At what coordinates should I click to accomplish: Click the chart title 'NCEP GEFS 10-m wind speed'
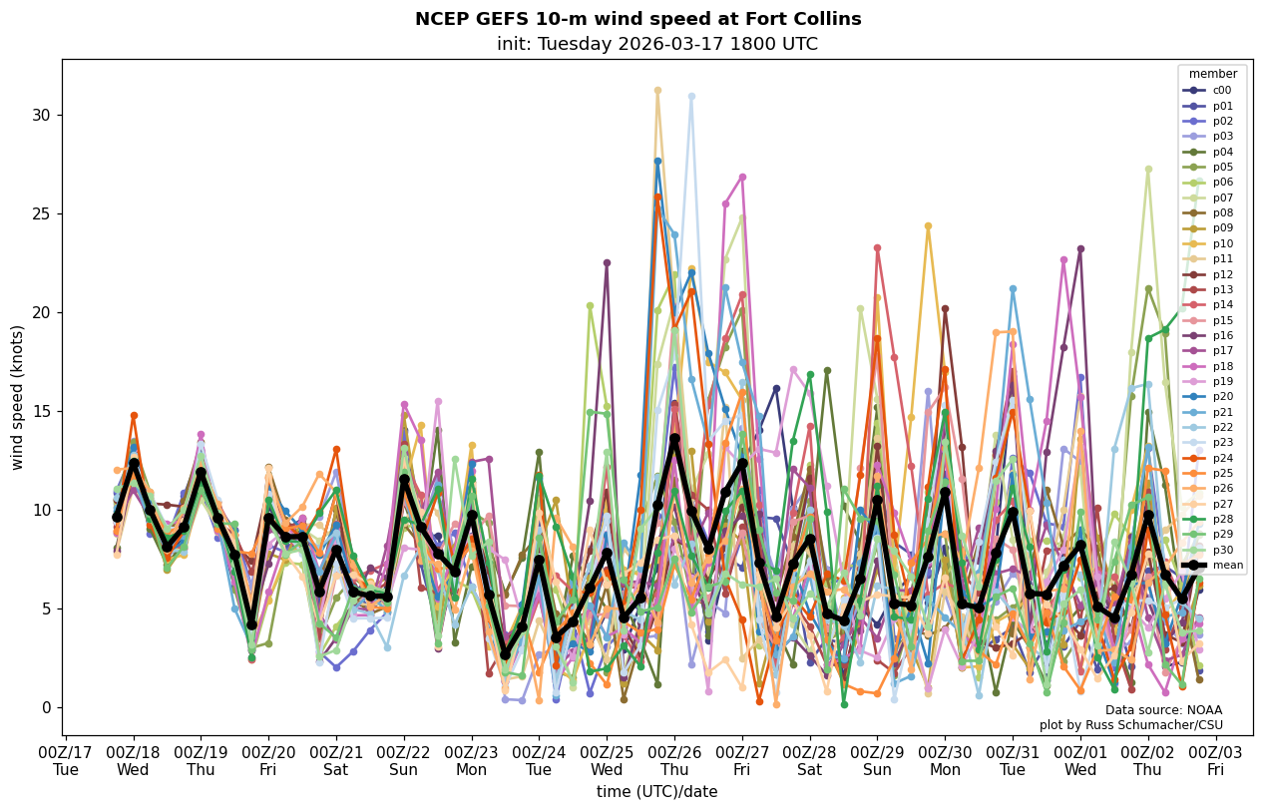[637, 19]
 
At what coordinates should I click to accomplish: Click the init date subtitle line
[656, 44]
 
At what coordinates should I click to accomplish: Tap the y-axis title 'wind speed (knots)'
[17, 397]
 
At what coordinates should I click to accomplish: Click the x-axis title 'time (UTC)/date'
[656, 791]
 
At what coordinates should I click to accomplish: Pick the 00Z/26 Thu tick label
[674, 761]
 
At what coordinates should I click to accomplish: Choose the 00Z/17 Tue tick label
[66, 761]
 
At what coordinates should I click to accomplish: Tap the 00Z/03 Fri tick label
[1215, 761]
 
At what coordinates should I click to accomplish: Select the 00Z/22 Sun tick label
[404, 761]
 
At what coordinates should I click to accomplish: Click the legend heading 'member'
[1213, 74]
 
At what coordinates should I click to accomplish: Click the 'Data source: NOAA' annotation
[1163, 710]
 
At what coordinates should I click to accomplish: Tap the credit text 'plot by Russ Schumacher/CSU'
[1130, 725]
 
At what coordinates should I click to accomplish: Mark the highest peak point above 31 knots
[657, 90]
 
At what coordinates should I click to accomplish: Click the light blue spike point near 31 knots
[691, 97]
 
